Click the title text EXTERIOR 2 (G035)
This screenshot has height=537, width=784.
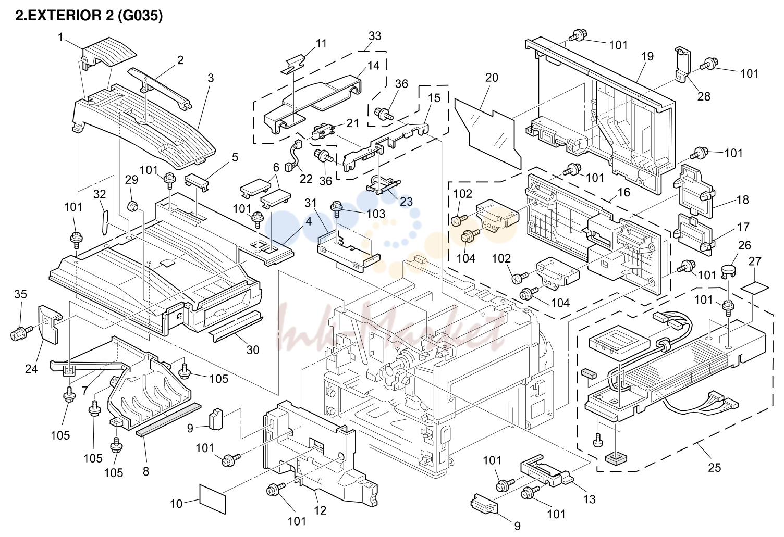point(95,16)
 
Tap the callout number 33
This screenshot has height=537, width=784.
point(374,35)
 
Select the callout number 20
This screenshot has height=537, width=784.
point(492,77)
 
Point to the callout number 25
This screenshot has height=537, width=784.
point(714,467)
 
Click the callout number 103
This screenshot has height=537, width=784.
point(375,214)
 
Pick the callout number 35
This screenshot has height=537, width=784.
point(20,294)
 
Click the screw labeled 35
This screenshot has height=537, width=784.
point(21,333)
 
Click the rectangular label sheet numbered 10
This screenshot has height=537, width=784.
point(213,499)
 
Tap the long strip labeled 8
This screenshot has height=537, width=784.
point(169,419)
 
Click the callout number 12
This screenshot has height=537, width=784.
point(320,510)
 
